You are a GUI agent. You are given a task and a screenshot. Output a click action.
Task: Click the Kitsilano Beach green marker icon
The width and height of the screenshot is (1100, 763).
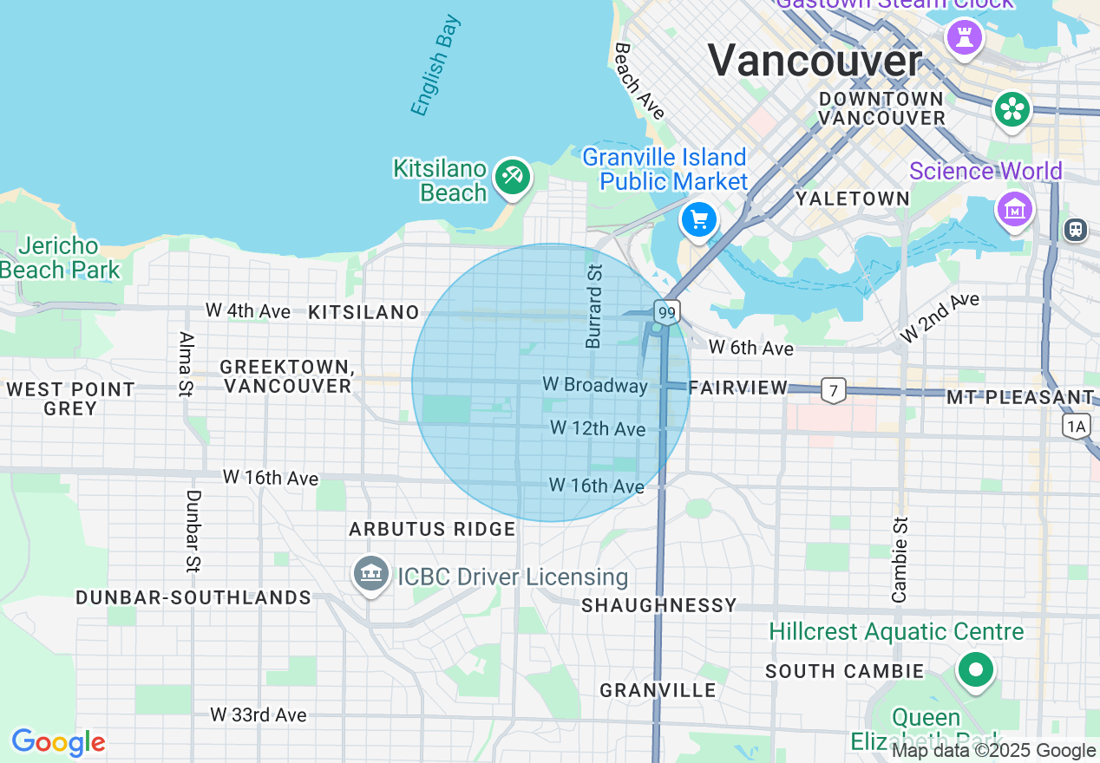512,177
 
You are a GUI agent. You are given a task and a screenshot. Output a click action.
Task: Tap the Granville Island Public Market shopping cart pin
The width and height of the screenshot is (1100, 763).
699,219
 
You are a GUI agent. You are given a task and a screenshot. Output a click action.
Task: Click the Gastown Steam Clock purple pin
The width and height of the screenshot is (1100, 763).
964,36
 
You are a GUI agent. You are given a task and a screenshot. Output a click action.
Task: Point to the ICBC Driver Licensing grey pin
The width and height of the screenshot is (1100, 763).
371,573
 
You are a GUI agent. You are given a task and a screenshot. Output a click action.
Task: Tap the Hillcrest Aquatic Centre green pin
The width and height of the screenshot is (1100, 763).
976,669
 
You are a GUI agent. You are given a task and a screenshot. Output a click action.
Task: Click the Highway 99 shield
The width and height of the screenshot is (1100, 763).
666,312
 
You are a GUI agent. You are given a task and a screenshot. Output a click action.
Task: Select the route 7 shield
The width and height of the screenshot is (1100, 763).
833,391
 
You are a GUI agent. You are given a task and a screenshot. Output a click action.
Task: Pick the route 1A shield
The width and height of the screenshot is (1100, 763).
1077,425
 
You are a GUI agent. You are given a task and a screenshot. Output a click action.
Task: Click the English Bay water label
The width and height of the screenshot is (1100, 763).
435,65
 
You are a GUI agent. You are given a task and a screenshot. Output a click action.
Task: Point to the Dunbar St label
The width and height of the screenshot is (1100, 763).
193,531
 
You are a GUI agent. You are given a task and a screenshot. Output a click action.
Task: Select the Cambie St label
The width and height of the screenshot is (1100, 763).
900,559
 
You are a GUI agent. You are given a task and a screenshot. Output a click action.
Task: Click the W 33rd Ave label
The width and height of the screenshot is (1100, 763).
259,714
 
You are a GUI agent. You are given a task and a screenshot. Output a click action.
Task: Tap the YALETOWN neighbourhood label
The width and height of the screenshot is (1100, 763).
853,199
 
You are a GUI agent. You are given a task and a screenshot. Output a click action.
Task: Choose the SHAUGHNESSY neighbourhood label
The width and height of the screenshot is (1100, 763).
659,605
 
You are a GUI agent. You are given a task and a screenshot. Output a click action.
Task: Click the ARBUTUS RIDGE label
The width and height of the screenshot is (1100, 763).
432,529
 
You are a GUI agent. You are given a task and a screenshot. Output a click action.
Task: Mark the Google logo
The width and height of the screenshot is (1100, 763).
58,743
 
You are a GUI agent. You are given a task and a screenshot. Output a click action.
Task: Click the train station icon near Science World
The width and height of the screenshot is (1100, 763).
1076,229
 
